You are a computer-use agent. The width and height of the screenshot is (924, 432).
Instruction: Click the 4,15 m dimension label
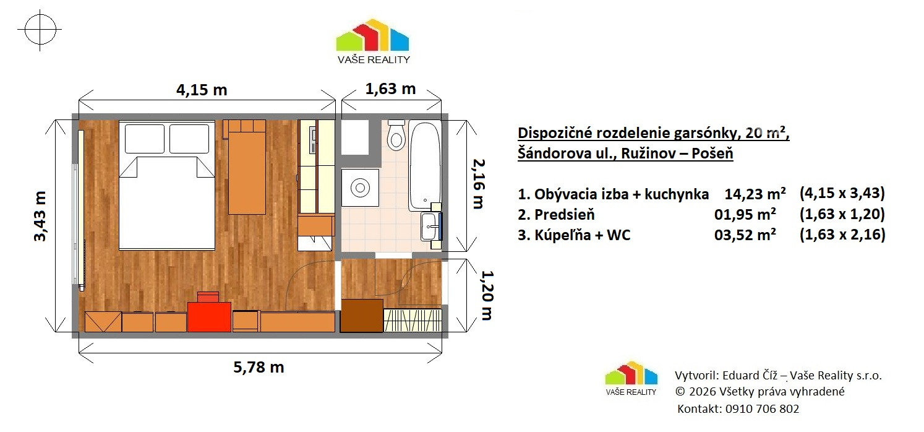[202, 90]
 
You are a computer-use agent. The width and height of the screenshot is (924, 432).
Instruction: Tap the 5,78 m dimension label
[259, 367]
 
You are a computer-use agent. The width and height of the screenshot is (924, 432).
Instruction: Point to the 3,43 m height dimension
[40, 216]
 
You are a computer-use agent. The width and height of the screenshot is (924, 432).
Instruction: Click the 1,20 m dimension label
[487, 295]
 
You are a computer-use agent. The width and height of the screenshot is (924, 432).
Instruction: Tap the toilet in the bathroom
[396, 135]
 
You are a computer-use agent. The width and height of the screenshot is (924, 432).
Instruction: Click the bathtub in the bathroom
[425, 166]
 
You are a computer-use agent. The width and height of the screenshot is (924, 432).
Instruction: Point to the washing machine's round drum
[360, 188]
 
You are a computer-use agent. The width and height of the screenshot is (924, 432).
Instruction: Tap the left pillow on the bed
[144, 139]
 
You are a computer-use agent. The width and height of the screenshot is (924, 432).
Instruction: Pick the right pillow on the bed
[189, 139]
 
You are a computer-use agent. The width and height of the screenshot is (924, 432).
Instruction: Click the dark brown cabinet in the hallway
[362, 316]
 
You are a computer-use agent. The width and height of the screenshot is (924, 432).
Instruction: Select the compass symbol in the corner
[40, 30]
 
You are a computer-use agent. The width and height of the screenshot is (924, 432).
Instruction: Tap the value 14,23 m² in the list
[755, 194]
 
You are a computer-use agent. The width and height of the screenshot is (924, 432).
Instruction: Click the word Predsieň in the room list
[565, 215]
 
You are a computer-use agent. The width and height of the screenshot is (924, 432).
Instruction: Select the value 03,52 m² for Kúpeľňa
[745, 235]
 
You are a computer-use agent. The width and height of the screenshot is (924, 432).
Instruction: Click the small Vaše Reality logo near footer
[631, 379]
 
